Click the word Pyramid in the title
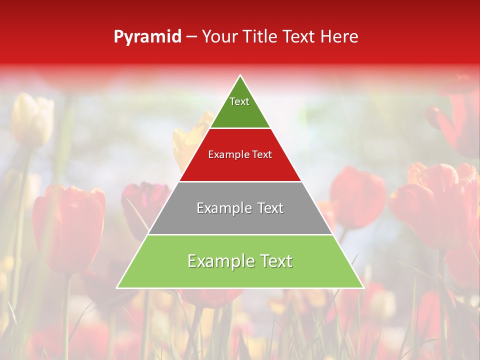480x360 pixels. [x=147, y=37]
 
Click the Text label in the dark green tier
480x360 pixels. [x=239, y=101]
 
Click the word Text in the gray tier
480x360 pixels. [x=270, y=208]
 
